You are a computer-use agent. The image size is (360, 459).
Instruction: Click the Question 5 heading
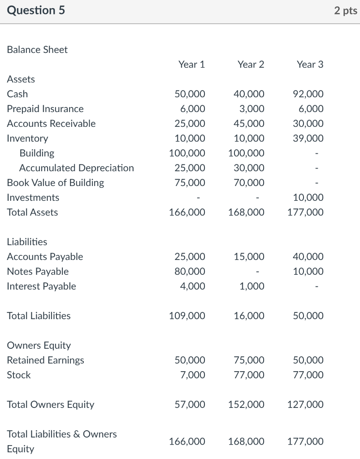point(36,10)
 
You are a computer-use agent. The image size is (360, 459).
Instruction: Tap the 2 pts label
point(345,10)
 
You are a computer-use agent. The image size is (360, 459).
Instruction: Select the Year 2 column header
point(251,65)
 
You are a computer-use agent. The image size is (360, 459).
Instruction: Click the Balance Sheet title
point(37,50)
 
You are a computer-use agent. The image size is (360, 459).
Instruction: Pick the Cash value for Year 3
point(308,94)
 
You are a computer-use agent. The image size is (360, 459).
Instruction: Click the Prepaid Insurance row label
point(45,109)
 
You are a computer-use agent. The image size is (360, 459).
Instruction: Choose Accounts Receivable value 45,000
point(249,124)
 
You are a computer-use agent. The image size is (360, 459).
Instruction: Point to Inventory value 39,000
point(308,139)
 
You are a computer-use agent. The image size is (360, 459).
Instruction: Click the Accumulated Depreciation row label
point(76,168)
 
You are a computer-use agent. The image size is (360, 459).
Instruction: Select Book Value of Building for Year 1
point(190,183)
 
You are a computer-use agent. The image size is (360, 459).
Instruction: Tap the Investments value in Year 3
point(308,198)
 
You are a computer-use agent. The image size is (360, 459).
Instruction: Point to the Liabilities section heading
point(27,242)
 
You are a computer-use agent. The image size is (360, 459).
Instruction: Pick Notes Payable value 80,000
point(190,272)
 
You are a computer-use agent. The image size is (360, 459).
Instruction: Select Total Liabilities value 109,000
point(187,316)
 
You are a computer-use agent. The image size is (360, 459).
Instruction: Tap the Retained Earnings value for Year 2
point(249,360)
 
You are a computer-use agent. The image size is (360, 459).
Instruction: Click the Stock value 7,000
point(193,375)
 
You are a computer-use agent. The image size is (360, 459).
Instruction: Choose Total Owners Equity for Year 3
point(305,405)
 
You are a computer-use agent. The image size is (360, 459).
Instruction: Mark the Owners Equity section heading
point(39,346)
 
